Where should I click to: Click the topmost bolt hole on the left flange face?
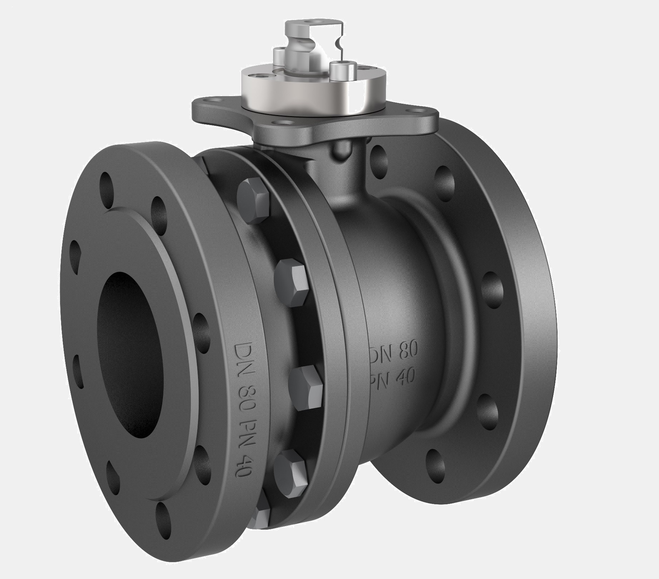(x=106, y=182)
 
